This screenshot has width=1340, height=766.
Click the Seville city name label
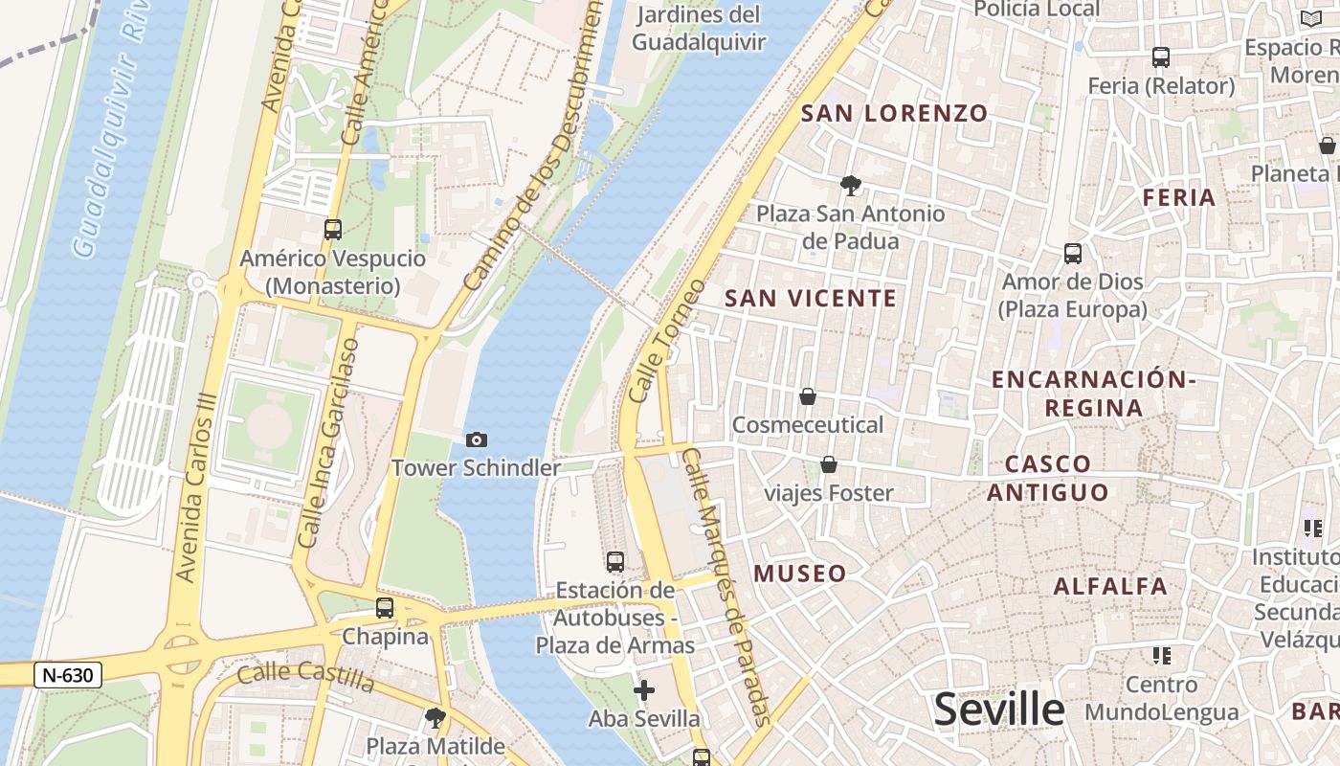click(998, 710)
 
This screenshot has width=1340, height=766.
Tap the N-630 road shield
click(68, 675)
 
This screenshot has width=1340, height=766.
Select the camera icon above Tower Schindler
click(476, 439)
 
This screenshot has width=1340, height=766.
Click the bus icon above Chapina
click(385, 607)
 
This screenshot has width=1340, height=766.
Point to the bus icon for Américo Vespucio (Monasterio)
click(333, 230)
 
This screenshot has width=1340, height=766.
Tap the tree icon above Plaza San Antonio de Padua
click(850, 185)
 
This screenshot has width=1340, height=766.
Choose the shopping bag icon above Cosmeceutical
click(808, 396)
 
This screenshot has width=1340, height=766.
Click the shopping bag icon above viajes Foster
click(829, 465)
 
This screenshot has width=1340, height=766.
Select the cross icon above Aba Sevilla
click(644, 689)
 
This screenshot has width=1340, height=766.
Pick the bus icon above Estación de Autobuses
click(615, 562)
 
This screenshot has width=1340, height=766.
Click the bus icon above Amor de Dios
click(1073, 254)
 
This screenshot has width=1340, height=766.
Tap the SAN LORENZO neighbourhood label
click(894, 113)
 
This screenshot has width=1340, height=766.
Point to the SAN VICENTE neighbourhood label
click(811, 298)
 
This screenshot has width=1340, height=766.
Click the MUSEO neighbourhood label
click(800, 574)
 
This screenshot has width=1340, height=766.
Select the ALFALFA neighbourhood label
click(1110, 586)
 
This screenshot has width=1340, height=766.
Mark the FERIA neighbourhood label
click(1179, 197)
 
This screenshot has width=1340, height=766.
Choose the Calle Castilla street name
click(305, 676)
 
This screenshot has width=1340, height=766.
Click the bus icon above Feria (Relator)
click(1161, 57)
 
